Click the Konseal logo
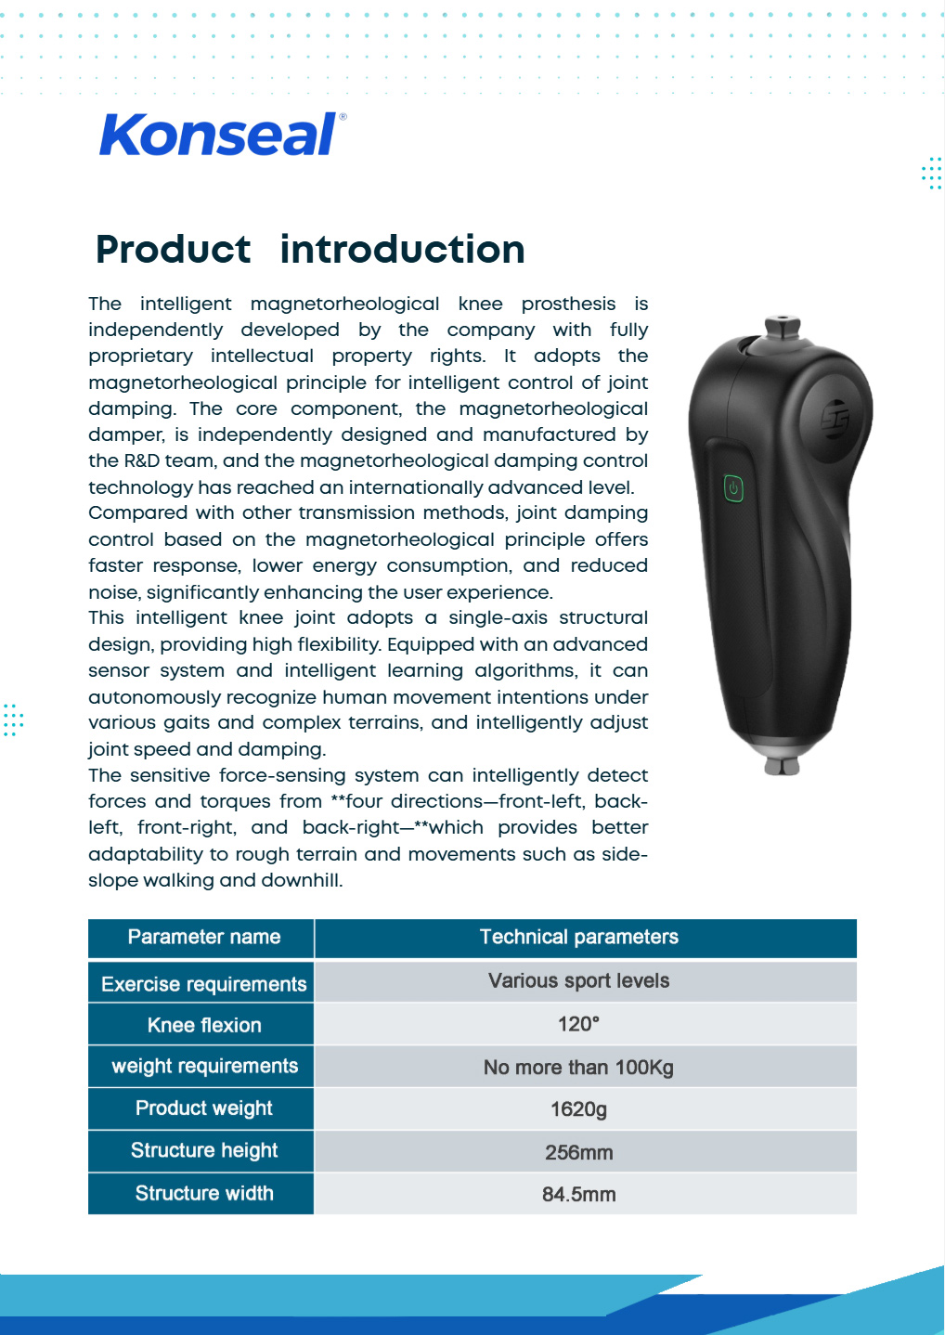pyautogui.click(x=222, y=136)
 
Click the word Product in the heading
pyautogui.click(x=173, y=250)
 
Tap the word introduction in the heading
pyautogui.click(x=402, y=250)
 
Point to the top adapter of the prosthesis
pyautogui.click(x=783, y=327)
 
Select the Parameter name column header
pyautogui.click(x=203, y=938)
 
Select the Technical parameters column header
pyautogui.click(x=578, y=938)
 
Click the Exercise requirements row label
pyautogui.click(x=203, y=984)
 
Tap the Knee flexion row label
pyautogui.click(x=203, y=1025)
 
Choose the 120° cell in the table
pyautogui.click(x=578, y=1024)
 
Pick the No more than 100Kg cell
pyautogui.click(x=578, y=1068)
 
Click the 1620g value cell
pyautogui.click(x=578, y=1109)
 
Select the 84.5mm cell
pyautogui.click(x=578, y=1195)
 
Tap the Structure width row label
pyautogui.click(x=203, y=1194)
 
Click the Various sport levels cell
pyautogui.click(x=578, y=981)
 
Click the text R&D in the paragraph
pyautogui.click(x=142, y=461)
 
